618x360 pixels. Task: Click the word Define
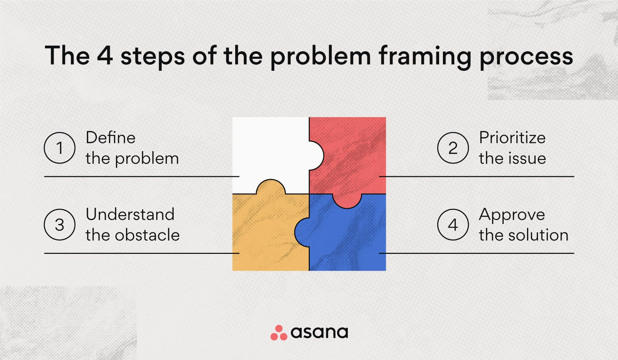(x=111, y=137)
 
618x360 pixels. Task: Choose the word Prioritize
(x=512, y=137)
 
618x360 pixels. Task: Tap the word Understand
(x=130, y=214)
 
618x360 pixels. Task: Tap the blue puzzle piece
(x=347, y=237)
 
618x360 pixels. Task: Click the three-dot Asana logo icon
(x=279, y=333)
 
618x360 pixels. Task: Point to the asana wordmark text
(x=319, y=333)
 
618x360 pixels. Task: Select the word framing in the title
(x=425, y=56)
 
